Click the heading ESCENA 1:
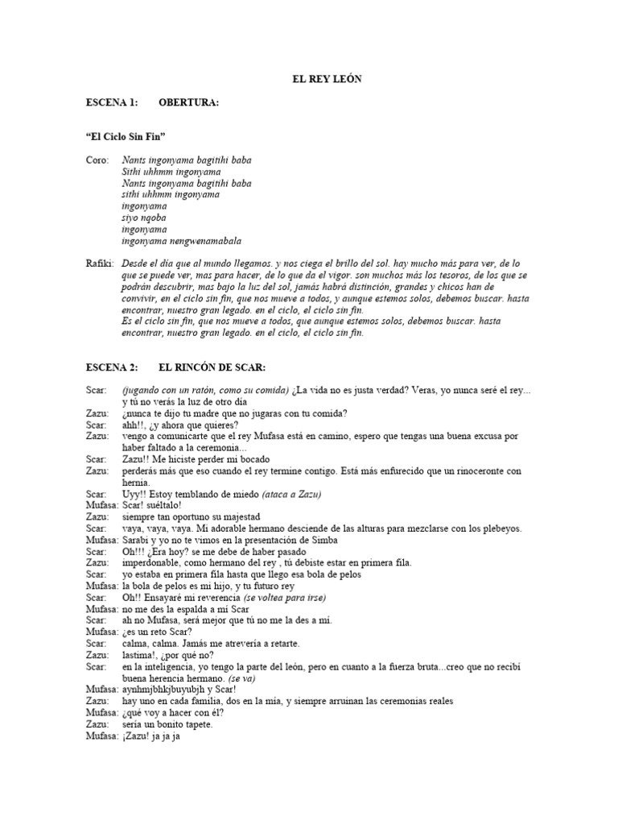click(113, 102)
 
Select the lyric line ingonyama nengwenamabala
click(181, 241)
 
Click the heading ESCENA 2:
click(113, 367)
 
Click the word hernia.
click(137, 482)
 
